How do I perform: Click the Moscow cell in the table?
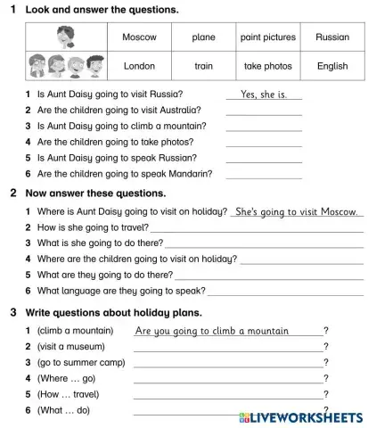click(139, 37)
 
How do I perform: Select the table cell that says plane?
click(203, 37)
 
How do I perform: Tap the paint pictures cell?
click(268, 37)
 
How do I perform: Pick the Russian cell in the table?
click(332, 37)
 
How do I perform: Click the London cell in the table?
click(139, 66)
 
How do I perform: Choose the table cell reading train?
click(203, 66)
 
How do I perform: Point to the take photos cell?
click(268, 66)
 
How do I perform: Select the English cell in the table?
click(332, 66)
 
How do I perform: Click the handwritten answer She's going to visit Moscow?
click(297, 211)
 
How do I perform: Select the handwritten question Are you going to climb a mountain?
click(212, 331)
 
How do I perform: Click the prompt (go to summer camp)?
click(81, 363)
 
